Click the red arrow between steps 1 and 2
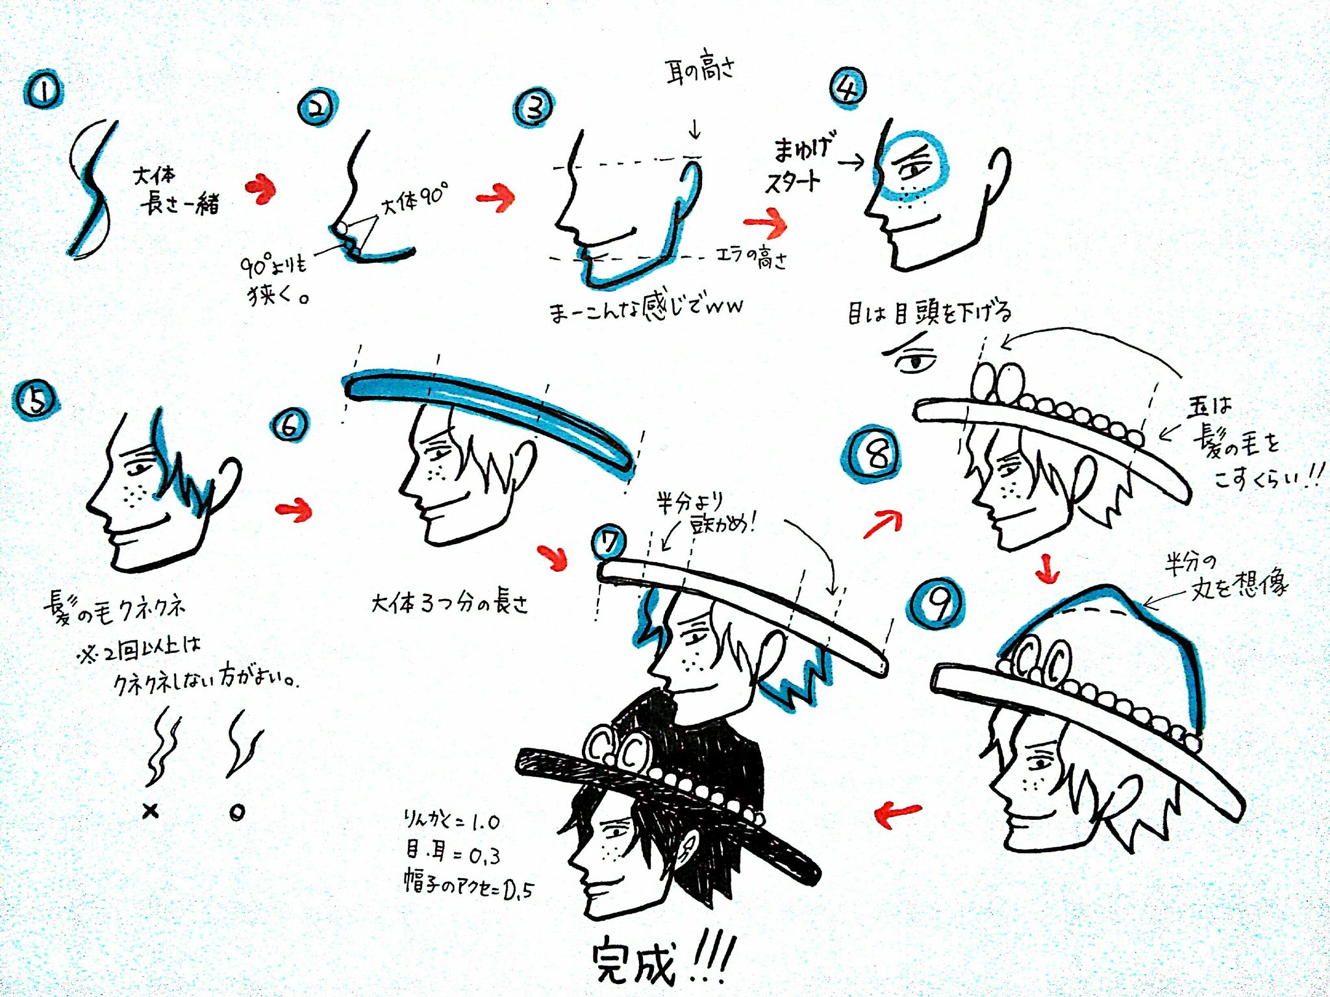[261, 189]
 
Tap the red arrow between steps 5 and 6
[294, 510]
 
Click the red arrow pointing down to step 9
[1046, 569]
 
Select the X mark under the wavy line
[151, 811]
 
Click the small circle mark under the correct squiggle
[237, 813]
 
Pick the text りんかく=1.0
[451, 822]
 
